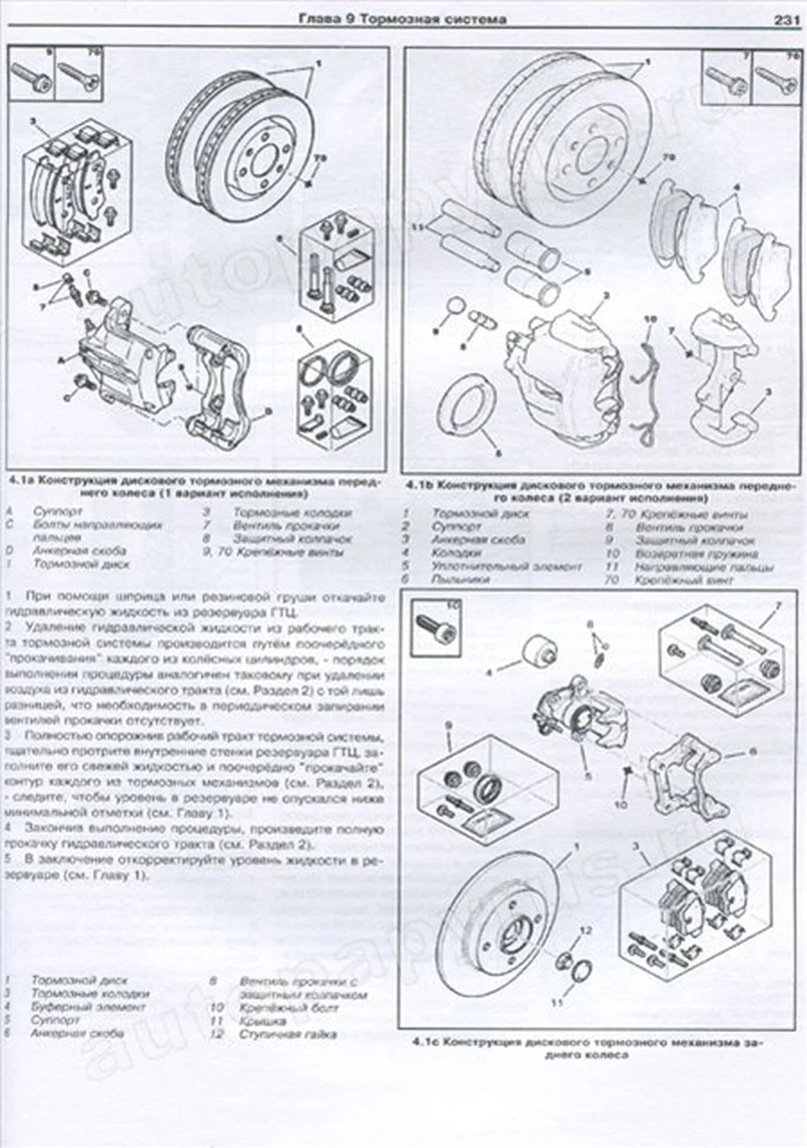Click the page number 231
(x=786, y=20)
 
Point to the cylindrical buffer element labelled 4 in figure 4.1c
(x=539, y=652)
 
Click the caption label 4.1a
(x=20, y=482)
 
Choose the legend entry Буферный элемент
(x=88, y=1006)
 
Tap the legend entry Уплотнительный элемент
(x=507, y=567)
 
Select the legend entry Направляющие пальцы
(x=704, y=567)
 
